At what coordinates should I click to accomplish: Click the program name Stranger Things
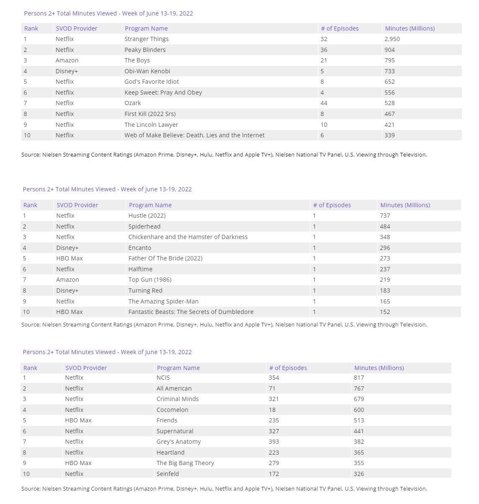pos(146,39)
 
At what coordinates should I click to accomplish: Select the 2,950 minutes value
pos(392,39)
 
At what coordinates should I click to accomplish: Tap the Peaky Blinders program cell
pos(145,50)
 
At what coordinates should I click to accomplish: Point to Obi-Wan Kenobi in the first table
pos(147,71)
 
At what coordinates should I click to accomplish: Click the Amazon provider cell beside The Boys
pos(67,60)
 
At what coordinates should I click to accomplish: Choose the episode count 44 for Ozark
pos(324,103)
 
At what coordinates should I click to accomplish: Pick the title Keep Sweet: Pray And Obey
pos(163,93)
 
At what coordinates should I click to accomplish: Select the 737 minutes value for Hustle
pos(385,216)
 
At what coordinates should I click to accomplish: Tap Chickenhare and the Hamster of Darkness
pos(188,237)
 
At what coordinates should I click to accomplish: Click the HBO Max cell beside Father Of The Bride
pos(70,258)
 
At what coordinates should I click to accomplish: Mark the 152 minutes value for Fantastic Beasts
pos(385,312)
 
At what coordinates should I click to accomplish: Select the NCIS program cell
pos(163,378)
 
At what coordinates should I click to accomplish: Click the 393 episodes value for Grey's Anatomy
pos(274,442)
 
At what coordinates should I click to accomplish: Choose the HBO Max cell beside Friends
pos(78,420)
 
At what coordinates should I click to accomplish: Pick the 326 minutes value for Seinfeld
pos(359,474)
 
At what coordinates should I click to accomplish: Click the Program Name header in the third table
pos(178,368)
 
